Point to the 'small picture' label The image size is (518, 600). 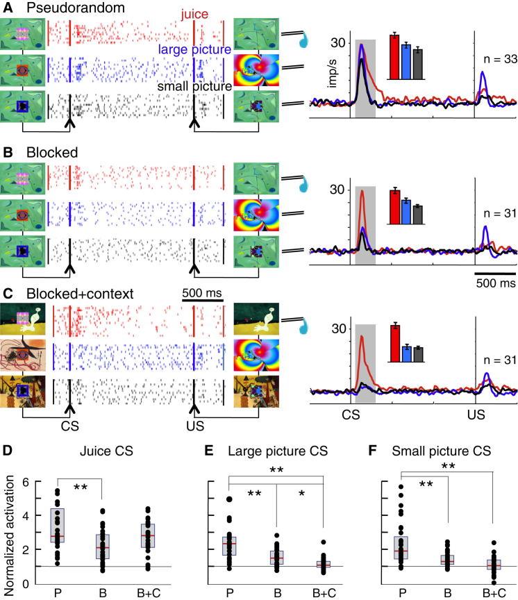(194, 87)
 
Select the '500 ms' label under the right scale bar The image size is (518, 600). (496, 283)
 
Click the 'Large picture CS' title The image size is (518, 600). (275, 451)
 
